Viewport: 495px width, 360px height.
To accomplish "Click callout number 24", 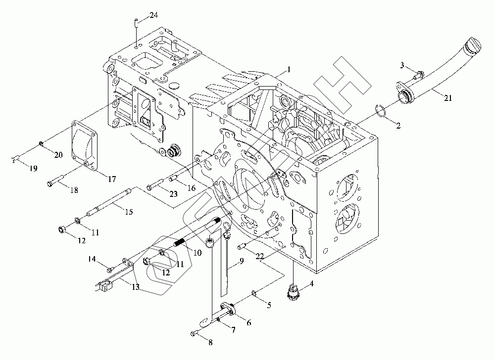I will (153, 16).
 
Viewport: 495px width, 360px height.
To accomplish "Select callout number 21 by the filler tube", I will (447, 98).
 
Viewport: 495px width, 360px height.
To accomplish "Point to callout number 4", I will (311, 284).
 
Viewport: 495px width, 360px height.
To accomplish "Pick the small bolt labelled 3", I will (418, 75).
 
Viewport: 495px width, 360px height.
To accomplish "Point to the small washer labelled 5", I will (253, 295).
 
